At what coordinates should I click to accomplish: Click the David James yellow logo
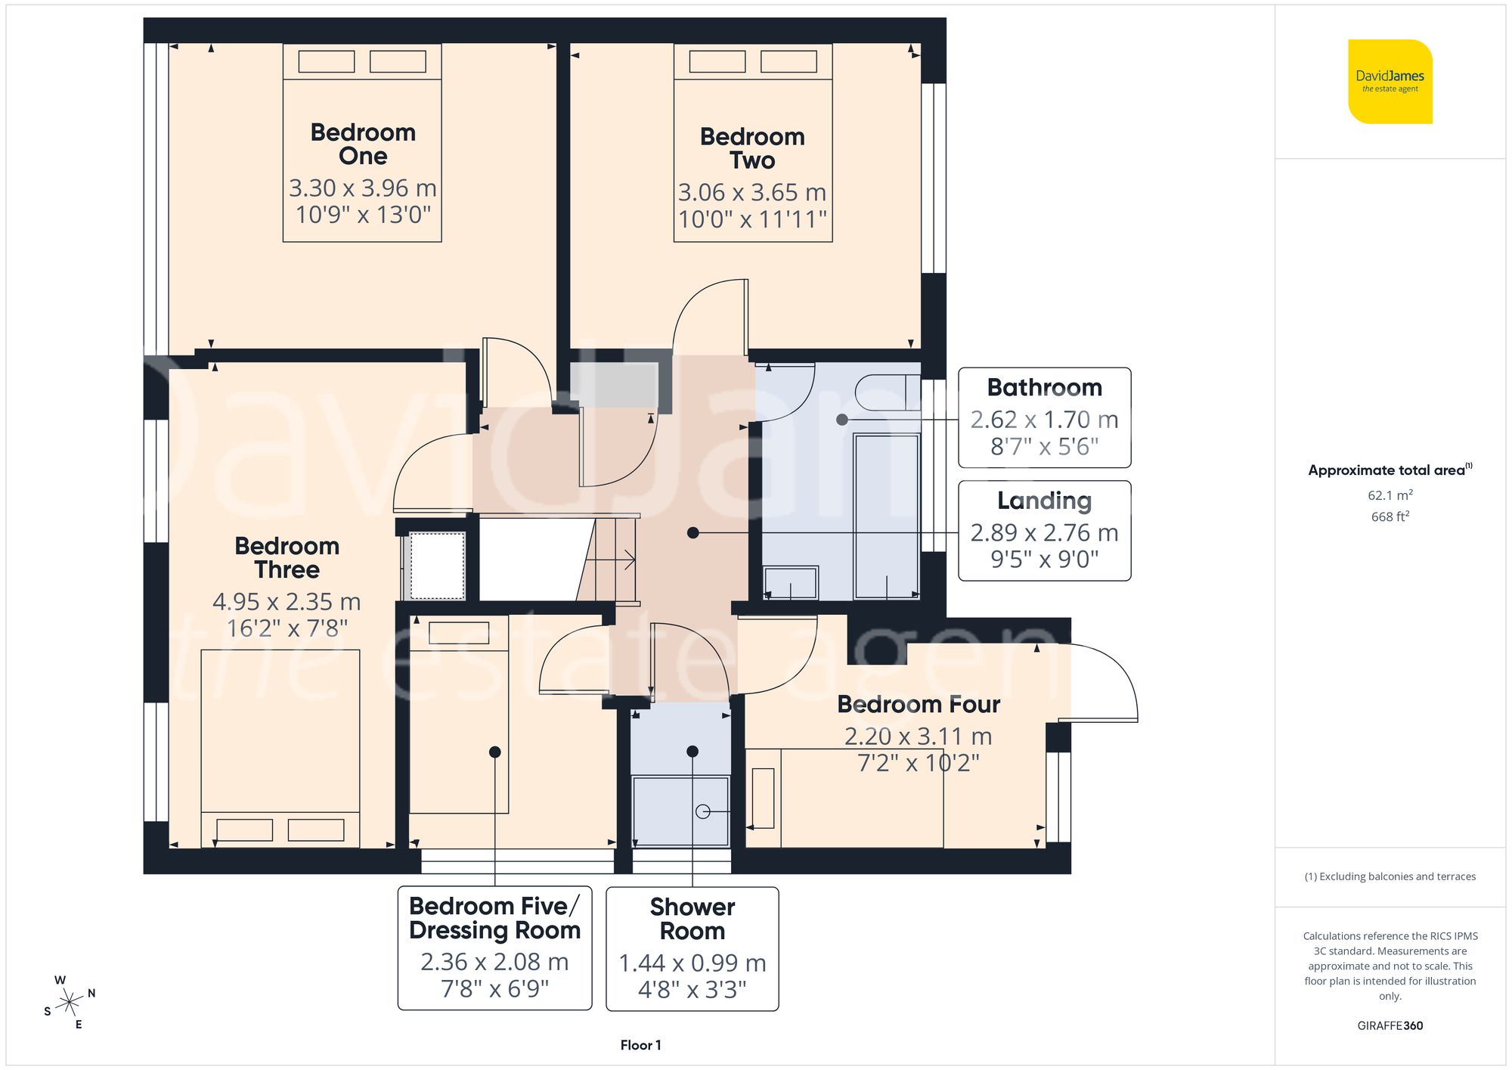pos(1390,82)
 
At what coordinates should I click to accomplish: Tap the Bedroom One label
pos(363,144)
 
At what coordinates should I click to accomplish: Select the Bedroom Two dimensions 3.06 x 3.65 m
pos(752,193)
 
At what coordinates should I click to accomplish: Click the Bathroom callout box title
pos(1044,387)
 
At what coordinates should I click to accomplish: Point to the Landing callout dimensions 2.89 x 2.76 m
pos(1044,533)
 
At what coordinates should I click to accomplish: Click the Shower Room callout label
pos(692,919)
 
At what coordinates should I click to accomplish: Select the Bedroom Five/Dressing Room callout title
pos(494,918)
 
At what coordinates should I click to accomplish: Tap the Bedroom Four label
pos(918,705)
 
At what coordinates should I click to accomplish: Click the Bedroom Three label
pos(287,557)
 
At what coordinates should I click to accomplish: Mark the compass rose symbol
pos(70,1003)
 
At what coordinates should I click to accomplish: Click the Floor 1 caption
pos(640,1045)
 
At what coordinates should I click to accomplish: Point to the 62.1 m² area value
pos(1390,495)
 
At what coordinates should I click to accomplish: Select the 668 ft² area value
pos(1390,516)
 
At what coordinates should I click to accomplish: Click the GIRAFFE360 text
pos(1390,1026)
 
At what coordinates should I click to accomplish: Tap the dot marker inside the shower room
pos(692,752)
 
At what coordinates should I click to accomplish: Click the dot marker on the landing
pos(692,533)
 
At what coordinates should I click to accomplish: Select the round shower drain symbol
pos(702,811)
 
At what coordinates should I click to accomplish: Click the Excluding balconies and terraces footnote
pos(1390,876)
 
